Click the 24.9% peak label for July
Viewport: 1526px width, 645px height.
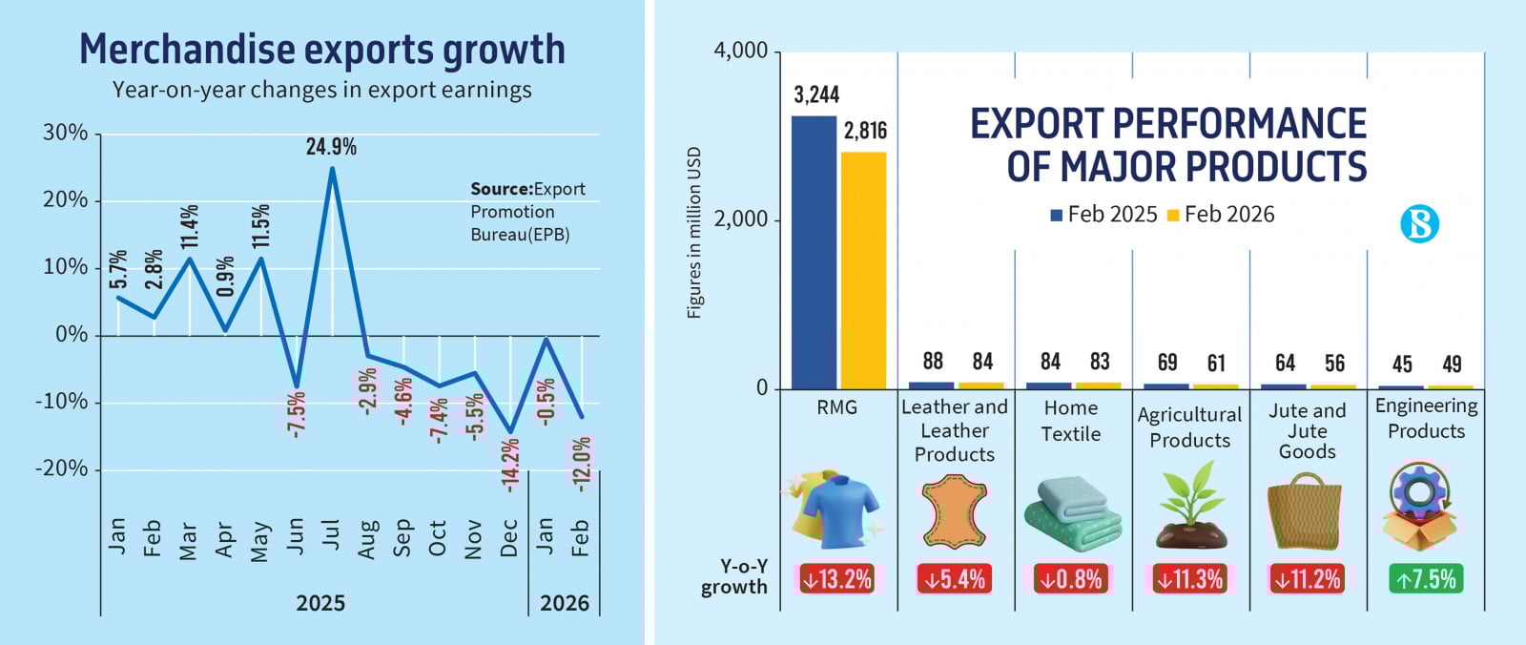pos(331,147)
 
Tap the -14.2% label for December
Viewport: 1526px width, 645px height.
pos(510,465)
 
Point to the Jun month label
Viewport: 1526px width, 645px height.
pos(296,537)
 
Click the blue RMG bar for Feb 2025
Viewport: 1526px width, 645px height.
pos(814,252)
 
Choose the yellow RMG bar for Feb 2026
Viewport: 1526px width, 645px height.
pos(863,270)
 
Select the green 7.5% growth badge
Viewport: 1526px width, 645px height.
pos(1426,579)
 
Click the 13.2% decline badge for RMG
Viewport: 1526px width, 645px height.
pos(836,579)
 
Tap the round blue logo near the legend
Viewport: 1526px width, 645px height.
pos(1419,224)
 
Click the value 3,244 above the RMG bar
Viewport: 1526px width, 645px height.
pos(816,94)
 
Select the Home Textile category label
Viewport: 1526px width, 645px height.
pos(1071,421)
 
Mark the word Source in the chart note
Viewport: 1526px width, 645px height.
pos(501,189)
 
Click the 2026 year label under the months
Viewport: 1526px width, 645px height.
pos(565,603)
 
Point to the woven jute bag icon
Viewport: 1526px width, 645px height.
pos(1305,512)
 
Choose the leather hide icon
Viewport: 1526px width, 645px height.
pos(954,512)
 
